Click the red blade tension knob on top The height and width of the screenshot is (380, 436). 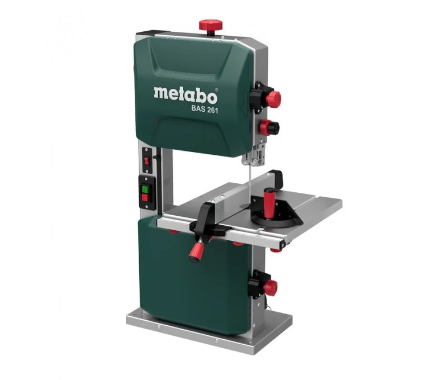[x=211, y=25]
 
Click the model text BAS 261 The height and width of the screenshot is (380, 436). [x=205, y=109]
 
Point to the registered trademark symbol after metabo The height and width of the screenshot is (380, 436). [x=217, y=90]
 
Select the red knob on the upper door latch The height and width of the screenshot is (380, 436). [x=273, y=99]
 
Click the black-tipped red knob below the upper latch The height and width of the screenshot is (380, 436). [x=269, y=127]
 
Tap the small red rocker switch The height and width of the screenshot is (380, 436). [x=146, y=161]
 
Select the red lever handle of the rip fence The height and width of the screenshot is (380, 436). [x=197, y=251]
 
